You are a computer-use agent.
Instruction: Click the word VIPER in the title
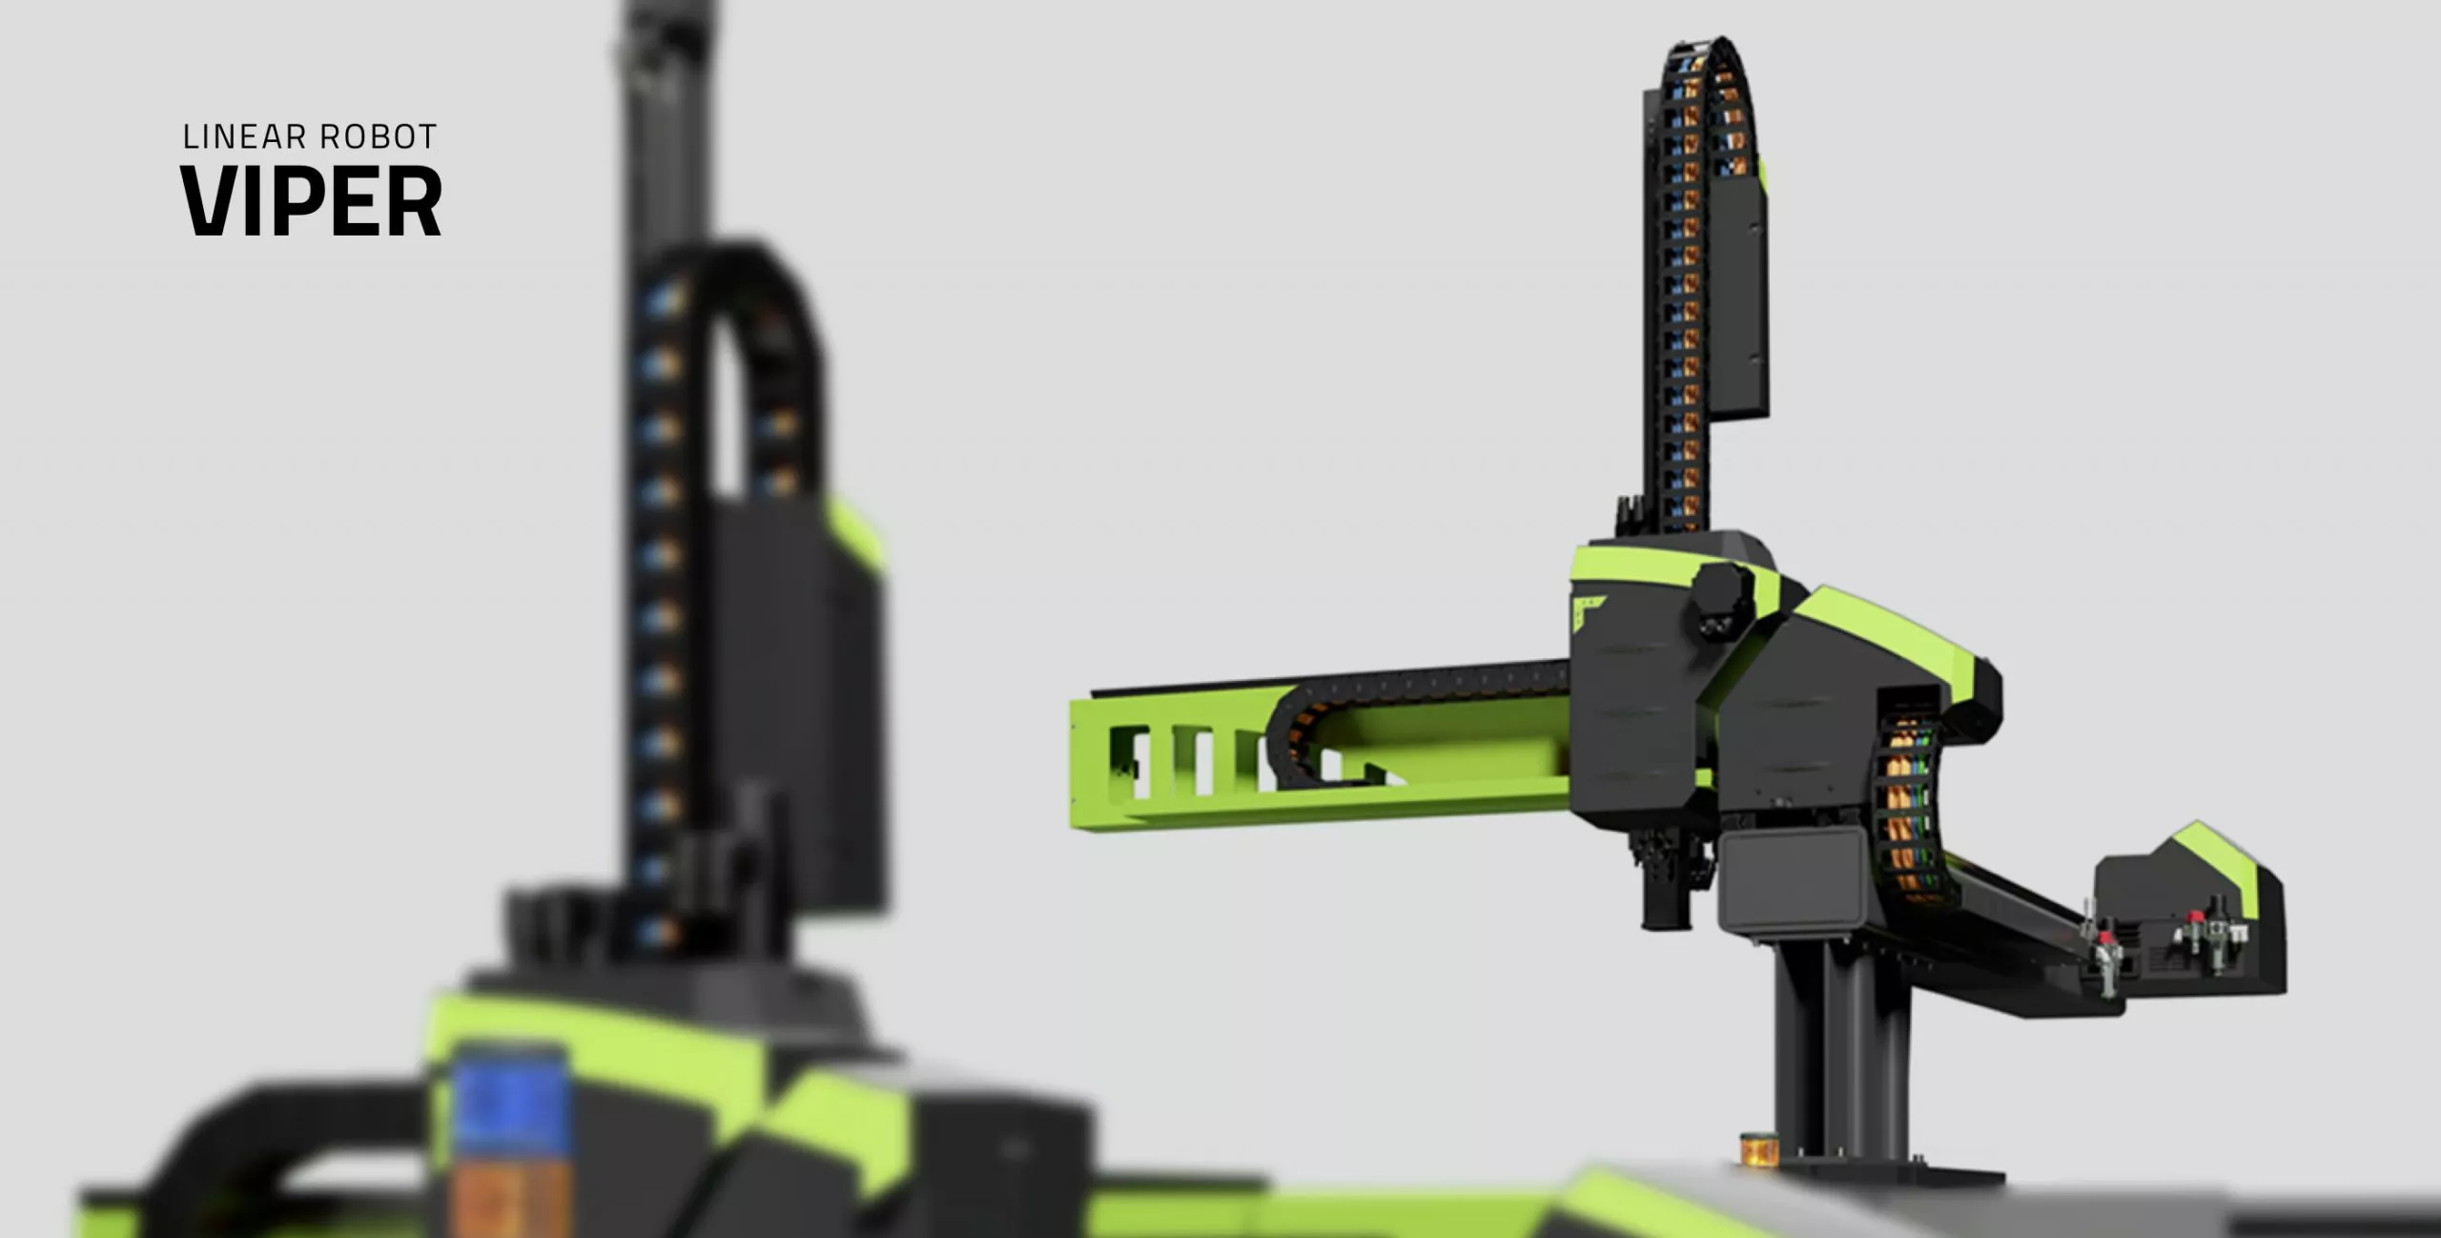point(311,201)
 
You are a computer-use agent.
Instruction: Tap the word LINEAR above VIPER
point(244,137)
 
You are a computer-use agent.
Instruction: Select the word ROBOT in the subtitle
point(379,137)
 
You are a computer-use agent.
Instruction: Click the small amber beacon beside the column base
point(1758,1149)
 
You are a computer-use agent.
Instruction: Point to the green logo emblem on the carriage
point(1588,612)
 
